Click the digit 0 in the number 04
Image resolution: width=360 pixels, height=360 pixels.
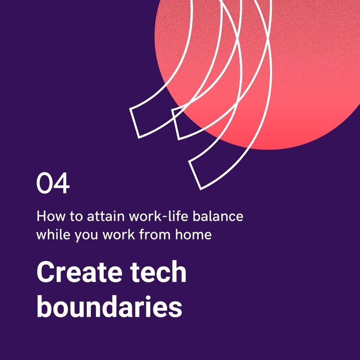coord(44,183)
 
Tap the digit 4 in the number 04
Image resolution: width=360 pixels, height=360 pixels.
coord(61,183)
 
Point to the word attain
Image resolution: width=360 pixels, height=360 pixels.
coord(106,216)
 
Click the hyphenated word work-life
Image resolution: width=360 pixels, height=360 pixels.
coord(159,216)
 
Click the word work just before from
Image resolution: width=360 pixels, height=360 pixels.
coord(119,234)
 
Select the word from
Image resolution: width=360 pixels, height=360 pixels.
coord(155,234)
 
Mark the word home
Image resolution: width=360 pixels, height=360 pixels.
coord(193,234)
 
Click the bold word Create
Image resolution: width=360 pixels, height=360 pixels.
coord(79,272)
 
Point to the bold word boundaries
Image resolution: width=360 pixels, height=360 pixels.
coord(109,306)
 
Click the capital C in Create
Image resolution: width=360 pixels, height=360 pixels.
coord(45,272)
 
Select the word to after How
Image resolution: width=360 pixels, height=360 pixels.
coord(76,216)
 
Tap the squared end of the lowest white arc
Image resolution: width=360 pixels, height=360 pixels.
coord(195,175)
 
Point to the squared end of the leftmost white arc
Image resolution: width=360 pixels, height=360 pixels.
coord(134,123)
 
